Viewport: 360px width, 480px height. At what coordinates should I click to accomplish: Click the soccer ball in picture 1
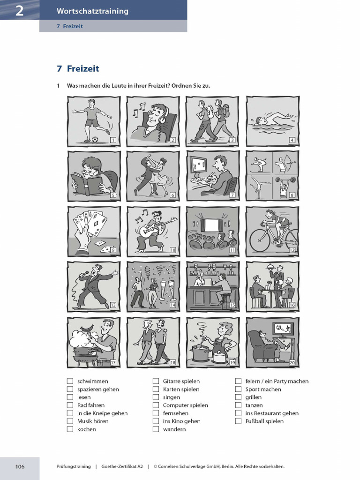(x=95, y=139)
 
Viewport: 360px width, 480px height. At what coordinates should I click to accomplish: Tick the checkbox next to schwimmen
(x=70, y=382)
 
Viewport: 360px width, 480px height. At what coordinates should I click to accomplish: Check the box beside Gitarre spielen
(x=156, y=382)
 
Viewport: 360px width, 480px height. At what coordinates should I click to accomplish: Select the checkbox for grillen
(x=238, y=397)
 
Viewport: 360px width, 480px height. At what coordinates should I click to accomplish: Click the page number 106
(x=20, y=466)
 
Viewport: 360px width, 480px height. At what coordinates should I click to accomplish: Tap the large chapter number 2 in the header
(x=19, y=11)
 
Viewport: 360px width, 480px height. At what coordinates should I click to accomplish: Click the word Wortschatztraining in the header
(x=92, y=11)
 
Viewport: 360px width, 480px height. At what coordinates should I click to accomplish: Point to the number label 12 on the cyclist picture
(x=292, y=250)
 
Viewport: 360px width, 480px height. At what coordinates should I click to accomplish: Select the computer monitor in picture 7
(x=199, y=165)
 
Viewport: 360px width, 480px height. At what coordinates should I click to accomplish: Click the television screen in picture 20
(x=282, y=328)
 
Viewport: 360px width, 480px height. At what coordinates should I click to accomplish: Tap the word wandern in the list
(x=174, y=429)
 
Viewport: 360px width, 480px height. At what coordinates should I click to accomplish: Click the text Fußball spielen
(x=264, y=421)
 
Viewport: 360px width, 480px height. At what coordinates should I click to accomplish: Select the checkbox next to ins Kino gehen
(x=156, y=421)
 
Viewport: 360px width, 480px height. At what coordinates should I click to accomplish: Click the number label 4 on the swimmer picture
(x=292, y=140)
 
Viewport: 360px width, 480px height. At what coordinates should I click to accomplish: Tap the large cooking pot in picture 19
(x=200, y=352)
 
